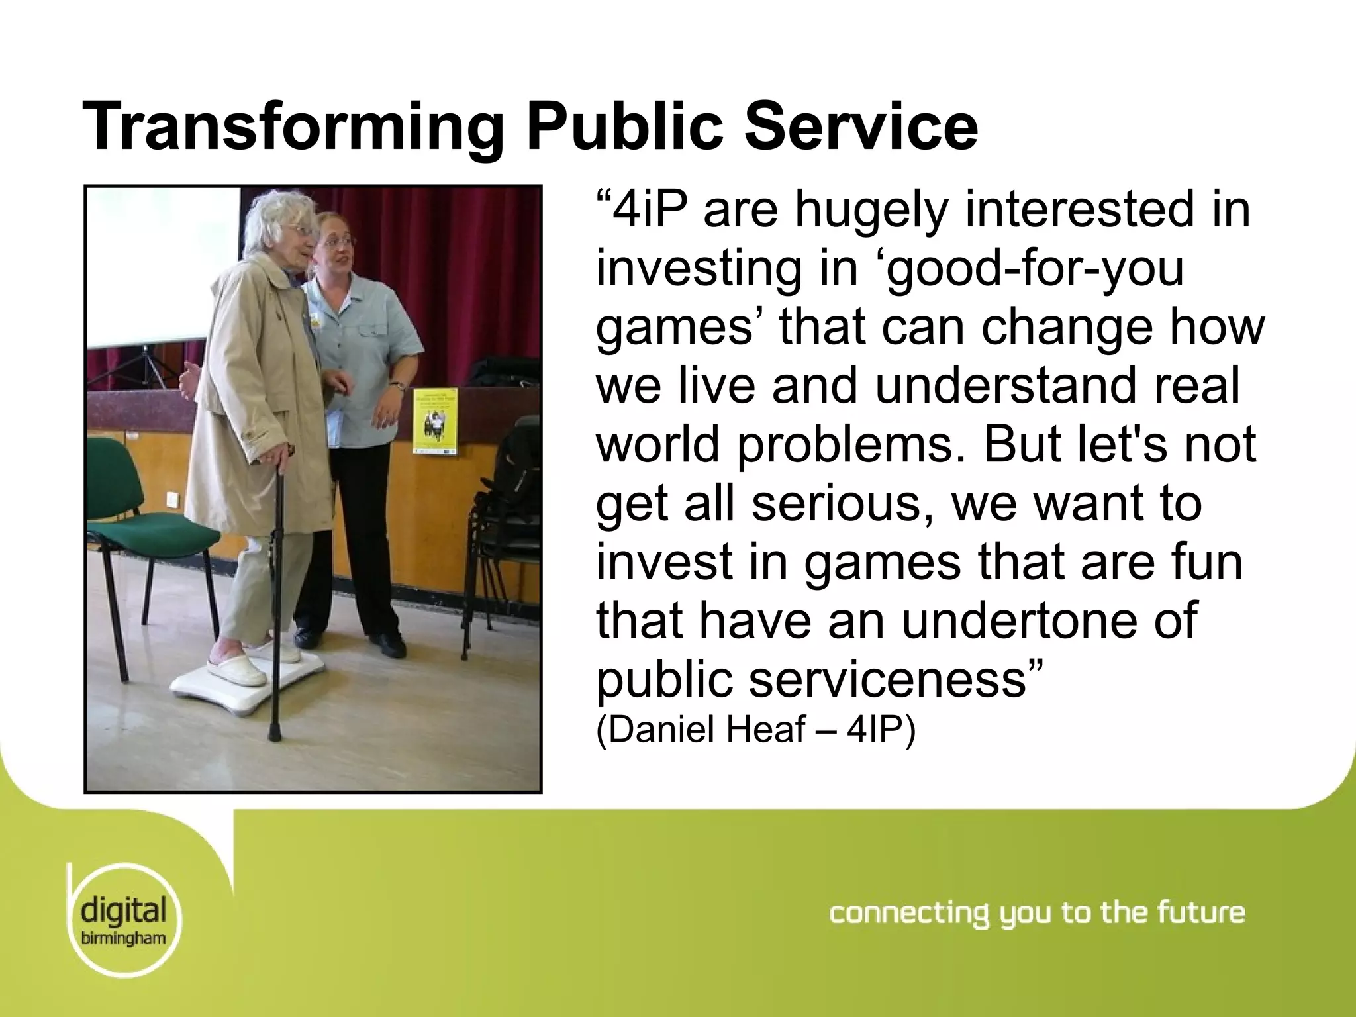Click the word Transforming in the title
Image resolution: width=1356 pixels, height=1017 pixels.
click(291, 127)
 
